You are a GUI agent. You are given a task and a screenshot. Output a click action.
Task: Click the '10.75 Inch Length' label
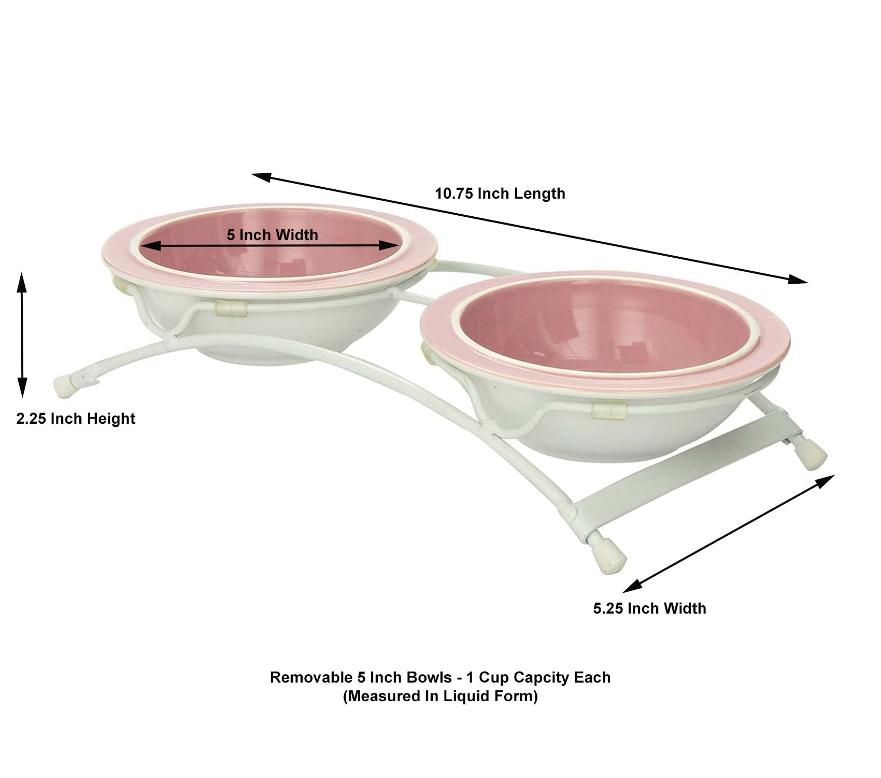point(500,193)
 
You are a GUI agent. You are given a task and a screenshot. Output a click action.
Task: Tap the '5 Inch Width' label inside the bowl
point(273,235)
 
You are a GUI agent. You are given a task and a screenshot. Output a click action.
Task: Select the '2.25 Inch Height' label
point(76,419)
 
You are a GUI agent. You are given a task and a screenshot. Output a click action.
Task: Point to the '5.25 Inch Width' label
point(650,608)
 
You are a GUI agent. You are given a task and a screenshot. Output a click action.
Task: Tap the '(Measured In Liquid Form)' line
point(440,696)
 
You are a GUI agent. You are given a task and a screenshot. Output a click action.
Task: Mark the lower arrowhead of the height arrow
point(21,389)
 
